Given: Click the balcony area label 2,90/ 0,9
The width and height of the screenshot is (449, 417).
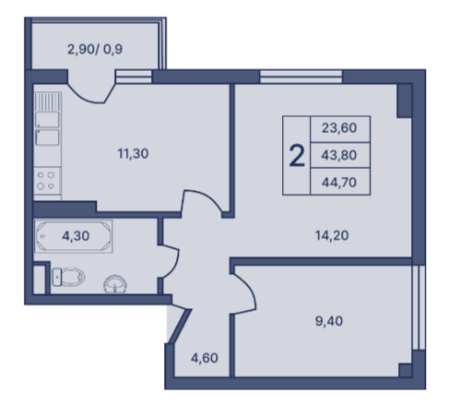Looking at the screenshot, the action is click(x=95, y=49).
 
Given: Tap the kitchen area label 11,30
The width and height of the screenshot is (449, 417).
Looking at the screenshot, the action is click(x=133, y=153).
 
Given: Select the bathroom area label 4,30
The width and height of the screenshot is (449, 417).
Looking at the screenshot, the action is click(x=76, y=236).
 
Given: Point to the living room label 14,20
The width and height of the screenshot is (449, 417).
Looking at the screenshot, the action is click(x=332, y=235).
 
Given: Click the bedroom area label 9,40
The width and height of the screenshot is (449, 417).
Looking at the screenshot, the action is click(x=329, y=321).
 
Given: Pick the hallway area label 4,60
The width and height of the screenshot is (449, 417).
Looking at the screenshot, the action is click(x=205, y=358).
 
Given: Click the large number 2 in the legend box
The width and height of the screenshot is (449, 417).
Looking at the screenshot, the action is click(x=297, y=156).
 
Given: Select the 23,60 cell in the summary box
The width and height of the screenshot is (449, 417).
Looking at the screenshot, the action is click(x=340, y=129).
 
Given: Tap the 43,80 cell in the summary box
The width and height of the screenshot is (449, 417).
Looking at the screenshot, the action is click(x=340, y=155).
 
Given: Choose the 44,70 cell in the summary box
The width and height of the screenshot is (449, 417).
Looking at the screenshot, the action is click(x=340, y=182).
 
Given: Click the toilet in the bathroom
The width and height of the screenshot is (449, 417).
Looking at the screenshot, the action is click(x=68, y=277).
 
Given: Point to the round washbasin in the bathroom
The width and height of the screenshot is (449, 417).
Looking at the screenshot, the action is click(x=115, y=283).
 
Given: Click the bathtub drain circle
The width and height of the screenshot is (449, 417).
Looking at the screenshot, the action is click(x=42, y=236).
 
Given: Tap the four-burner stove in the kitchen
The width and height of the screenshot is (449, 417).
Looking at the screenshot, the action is click(x=47, y=181).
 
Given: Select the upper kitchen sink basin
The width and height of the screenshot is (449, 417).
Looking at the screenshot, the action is click(x=47, y=119).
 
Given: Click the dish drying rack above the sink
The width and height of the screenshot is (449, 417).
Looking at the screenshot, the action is click(x=47, y=101).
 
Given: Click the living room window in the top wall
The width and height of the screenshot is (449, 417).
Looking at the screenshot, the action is click(x=301, y=77).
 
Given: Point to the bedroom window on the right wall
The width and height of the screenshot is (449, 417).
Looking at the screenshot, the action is click(x=419, y=307).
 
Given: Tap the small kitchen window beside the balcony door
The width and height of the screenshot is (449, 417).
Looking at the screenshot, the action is click(x=134, y=77).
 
